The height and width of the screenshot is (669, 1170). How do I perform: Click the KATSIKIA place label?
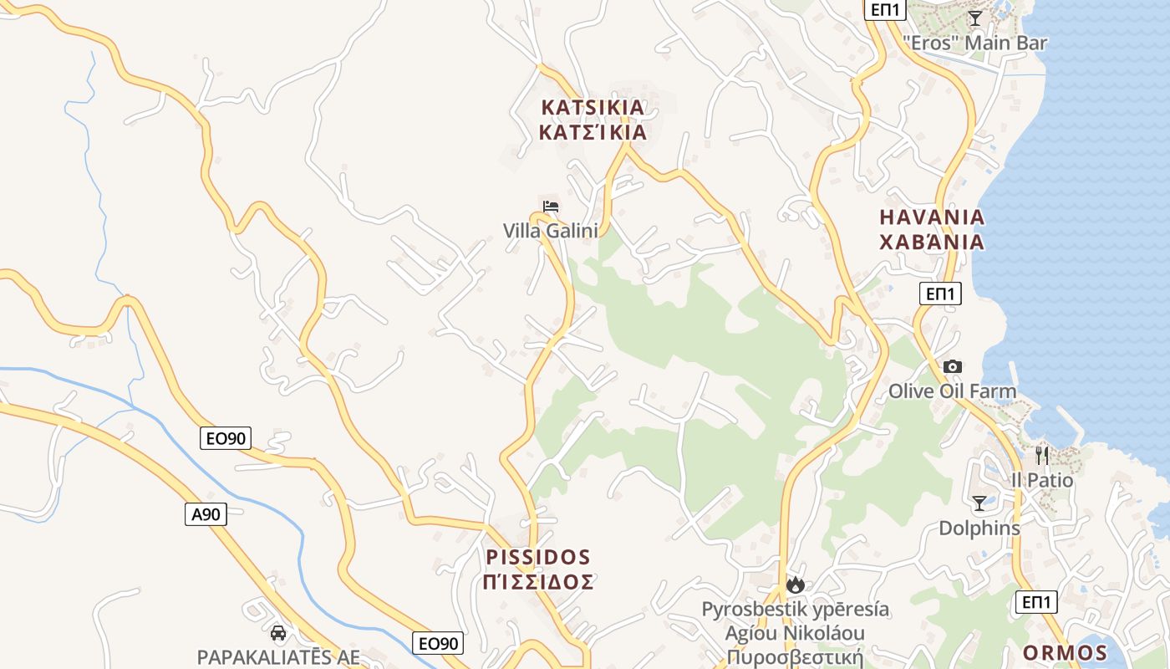coord(593,107)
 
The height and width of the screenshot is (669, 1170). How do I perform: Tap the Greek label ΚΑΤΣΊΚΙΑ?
coord(593,132)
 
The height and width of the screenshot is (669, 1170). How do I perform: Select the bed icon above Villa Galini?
coord(551,207)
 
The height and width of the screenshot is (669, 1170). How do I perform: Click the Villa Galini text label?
coord(551,230)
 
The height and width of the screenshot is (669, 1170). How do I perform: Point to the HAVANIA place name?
coord(932,217)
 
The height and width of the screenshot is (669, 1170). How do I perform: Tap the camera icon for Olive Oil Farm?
coord(952,366)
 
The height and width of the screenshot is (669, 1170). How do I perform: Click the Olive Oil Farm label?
coord(952,391)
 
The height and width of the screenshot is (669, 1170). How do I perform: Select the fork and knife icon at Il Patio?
coord(1041,456)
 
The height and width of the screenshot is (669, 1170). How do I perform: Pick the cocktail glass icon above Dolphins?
coord(979,503)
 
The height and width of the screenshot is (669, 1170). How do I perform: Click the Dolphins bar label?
coord(979,529)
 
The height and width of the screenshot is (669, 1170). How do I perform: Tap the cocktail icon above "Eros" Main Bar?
coord(974,18)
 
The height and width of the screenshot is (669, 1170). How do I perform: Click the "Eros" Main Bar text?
coord(974,43)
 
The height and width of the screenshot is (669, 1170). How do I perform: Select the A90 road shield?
coord(206,514)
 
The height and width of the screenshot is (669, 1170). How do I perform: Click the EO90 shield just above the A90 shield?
coord(226,438)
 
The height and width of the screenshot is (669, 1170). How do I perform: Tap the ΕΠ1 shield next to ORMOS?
coord(1036,602)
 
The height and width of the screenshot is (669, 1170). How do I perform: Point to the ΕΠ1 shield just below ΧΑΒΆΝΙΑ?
coord(940,294)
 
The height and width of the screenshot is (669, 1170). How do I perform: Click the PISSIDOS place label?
coord(538,557)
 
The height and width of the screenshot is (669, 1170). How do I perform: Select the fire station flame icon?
coord(795,585)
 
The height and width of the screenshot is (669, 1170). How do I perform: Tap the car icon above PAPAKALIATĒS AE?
coord(278,633)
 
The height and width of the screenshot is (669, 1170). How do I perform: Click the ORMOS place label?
coord(1066,653)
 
